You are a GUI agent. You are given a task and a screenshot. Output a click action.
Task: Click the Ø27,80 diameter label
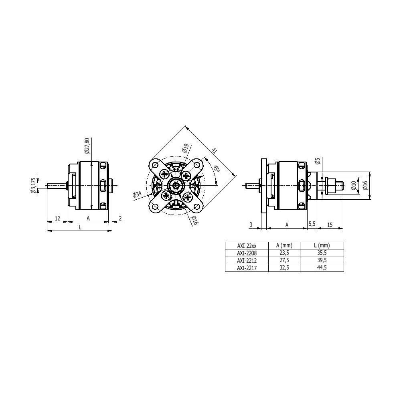tap(87, 146)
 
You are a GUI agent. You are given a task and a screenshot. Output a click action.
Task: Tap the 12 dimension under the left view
tap(57, 218)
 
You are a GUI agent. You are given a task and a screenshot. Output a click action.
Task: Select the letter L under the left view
tap(80, 227)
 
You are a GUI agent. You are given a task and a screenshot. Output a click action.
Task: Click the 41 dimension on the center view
tap(214, 151)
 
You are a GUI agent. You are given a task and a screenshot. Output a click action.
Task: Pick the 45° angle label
tap(217, 169)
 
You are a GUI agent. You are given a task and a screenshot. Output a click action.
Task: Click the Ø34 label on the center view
tap(137, 194)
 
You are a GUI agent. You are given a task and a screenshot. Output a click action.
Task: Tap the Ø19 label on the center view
tap(185, 148)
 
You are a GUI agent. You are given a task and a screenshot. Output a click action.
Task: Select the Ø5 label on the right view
tap(318, 161)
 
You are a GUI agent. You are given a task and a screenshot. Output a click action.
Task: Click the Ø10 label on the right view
tap(354, 185)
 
